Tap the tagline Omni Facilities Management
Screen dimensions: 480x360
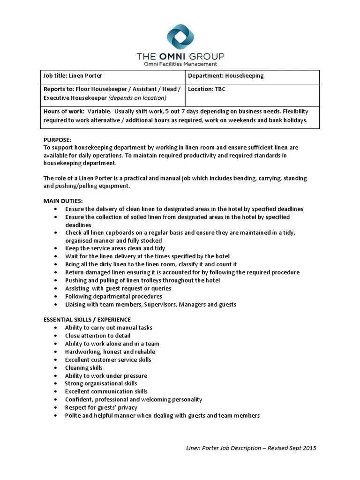click(180, 64)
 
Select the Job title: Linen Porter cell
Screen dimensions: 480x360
click(73, 75)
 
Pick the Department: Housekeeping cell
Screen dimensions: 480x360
click(226, 75)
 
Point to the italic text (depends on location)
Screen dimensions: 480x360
click(137, 98)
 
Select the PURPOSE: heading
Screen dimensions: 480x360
click(57, 140)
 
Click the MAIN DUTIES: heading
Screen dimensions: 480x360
click(63, 201)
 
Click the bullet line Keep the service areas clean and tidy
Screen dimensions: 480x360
click(115, 248)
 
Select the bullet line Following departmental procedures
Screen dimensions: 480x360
click(113, 296)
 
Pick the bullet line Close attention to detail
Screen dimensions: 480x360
click(97, 336)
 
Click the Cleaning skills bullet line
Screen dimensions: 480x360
click(83, 367)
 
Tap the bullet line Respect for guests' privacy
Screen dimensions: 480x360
click(101, 407)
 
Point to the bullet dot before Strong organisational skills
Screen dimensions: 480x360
click(56, 384)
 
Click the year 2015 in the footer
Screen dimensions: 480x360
click(309, 448)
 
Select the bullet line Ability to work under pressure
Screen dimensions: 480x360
click(106, 375)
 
